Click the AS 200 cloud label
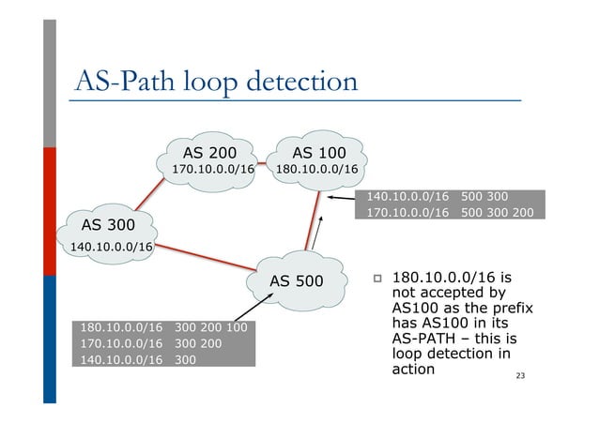(209, 153)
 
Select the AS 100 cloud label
(318, 153)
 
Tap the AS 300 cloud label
(108, 225)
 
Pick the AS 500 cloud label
(296, 280)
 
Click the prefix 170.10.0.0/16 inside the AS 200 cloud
(213, 170)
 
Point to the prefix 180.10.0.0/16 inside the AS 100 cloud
(316, 170)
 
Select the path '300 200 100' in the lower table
(211, 327)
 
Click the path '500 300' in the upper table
(485, 197)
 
